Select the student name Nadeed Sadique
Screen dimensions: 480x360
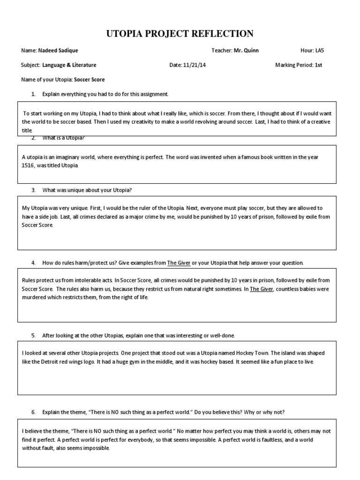[59, 51]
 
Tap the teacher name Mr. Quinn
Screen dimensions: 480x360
[246, 51]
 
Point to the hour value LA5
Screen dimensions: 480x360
[320, 51]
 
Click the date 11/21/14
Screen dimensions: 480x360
[194, 65]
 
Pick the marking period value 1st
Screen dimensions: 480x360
[318, 65]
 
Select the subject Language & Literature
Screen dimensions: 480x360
[69, 65]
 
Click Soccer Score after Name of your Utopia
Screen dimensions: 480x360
[89, 80]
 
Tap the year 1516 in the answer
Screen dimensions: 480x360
[29, 166]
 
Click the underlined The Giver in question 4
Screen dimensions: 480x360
[179, 263]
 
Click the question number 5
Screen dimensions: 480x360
[33, 336]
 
